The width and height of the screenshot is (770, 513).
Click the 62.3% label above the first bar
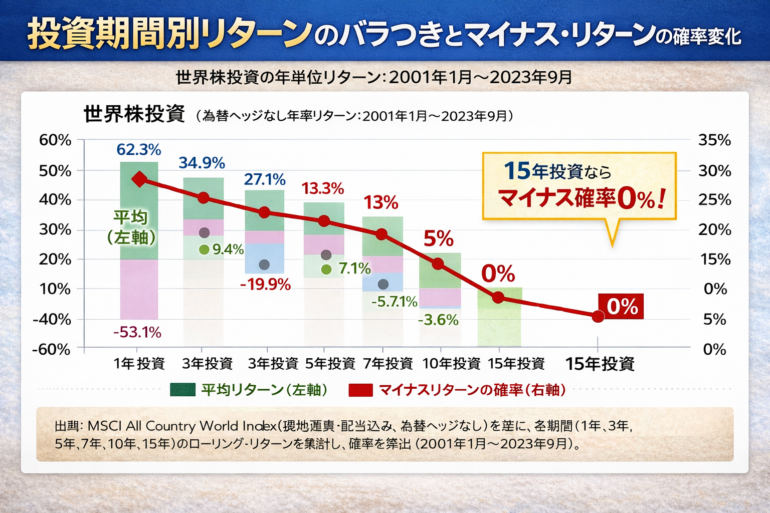coord(139,150)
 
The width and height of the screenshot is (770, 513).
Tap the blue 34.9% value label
coord(202,163)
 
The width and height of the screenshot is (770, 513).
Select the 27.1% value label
coord(265,179)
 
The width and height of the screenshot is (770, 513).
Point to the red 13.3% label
coord(323,189)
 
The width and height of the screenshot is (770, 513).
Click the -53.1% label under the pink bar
coord(137,332)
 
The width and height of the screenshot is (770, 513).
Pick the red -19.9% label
coord(265,285)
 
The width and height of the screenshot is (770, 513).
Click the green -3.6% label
coord(438,320)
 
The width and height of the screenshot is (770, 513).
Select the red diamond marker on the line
coord(139,179)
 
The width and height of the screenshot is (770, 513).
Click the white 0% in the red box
coord(622,307)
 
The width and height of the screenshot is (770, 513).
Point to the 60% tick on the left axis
coord(55,141)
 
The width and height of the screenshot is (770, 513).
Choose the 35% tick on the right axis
coord(714,141)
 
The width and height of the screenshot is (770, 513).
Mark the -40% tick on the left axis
coord(52,319)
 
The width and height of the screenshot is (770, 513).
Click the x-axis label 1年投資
coord(139,364)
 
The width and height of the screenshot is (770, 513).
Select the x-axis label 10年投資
coord(451,364)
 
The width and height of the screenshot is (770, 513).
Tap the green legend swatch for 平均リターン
coord(182,390)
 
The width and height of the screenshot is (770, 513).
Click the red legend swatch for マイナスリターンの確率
coord(361,390)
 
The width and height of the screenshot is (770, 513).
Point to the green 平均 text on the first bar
coord(130,218)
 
